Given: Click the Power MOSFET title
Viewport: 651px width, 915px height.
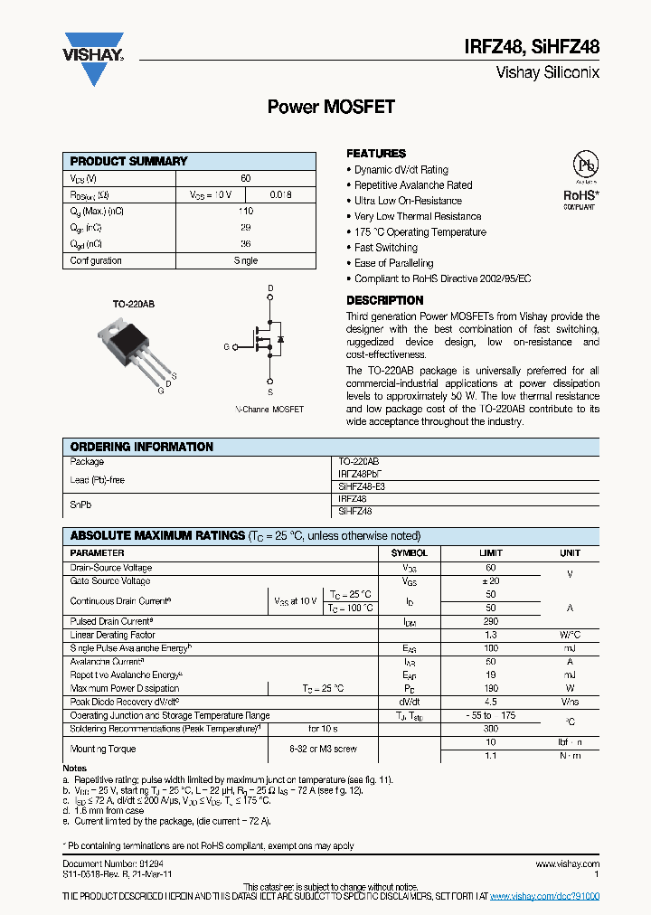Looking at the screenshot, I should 331,107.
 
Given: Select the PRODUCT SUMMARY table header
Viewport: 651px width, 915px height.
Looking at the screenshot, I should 129,161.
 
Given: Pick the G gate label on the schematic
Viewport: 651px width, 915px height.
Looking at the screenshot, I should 226,346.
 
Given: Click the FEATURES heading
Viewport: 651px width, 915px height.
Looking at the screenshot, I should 376,154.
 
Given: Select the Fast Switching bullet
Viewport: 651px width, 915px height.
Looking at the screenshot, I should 386,248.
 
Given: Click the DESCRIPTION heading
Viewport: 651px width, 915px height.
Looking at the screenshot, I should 385,300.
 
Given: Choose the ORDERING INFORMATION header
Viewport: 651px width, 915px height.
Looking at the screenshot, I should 142,447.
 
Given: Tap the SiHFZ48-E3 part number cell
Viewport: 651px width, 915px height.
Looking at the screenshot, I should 362,486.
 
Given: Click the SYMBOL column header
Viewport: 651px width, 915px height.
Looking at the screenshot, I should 409,552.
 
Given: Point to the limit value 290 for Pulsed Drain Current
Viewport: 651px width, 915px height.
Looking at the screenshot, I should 491,622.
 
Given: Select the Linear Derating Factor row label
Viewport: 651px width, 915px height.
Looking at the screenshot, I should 112,636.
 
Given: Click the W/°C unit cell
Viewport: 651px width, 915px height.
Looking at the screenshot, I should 570,636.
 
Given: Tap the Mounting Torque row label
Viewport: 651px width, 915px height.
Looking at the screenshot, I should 103,749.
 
